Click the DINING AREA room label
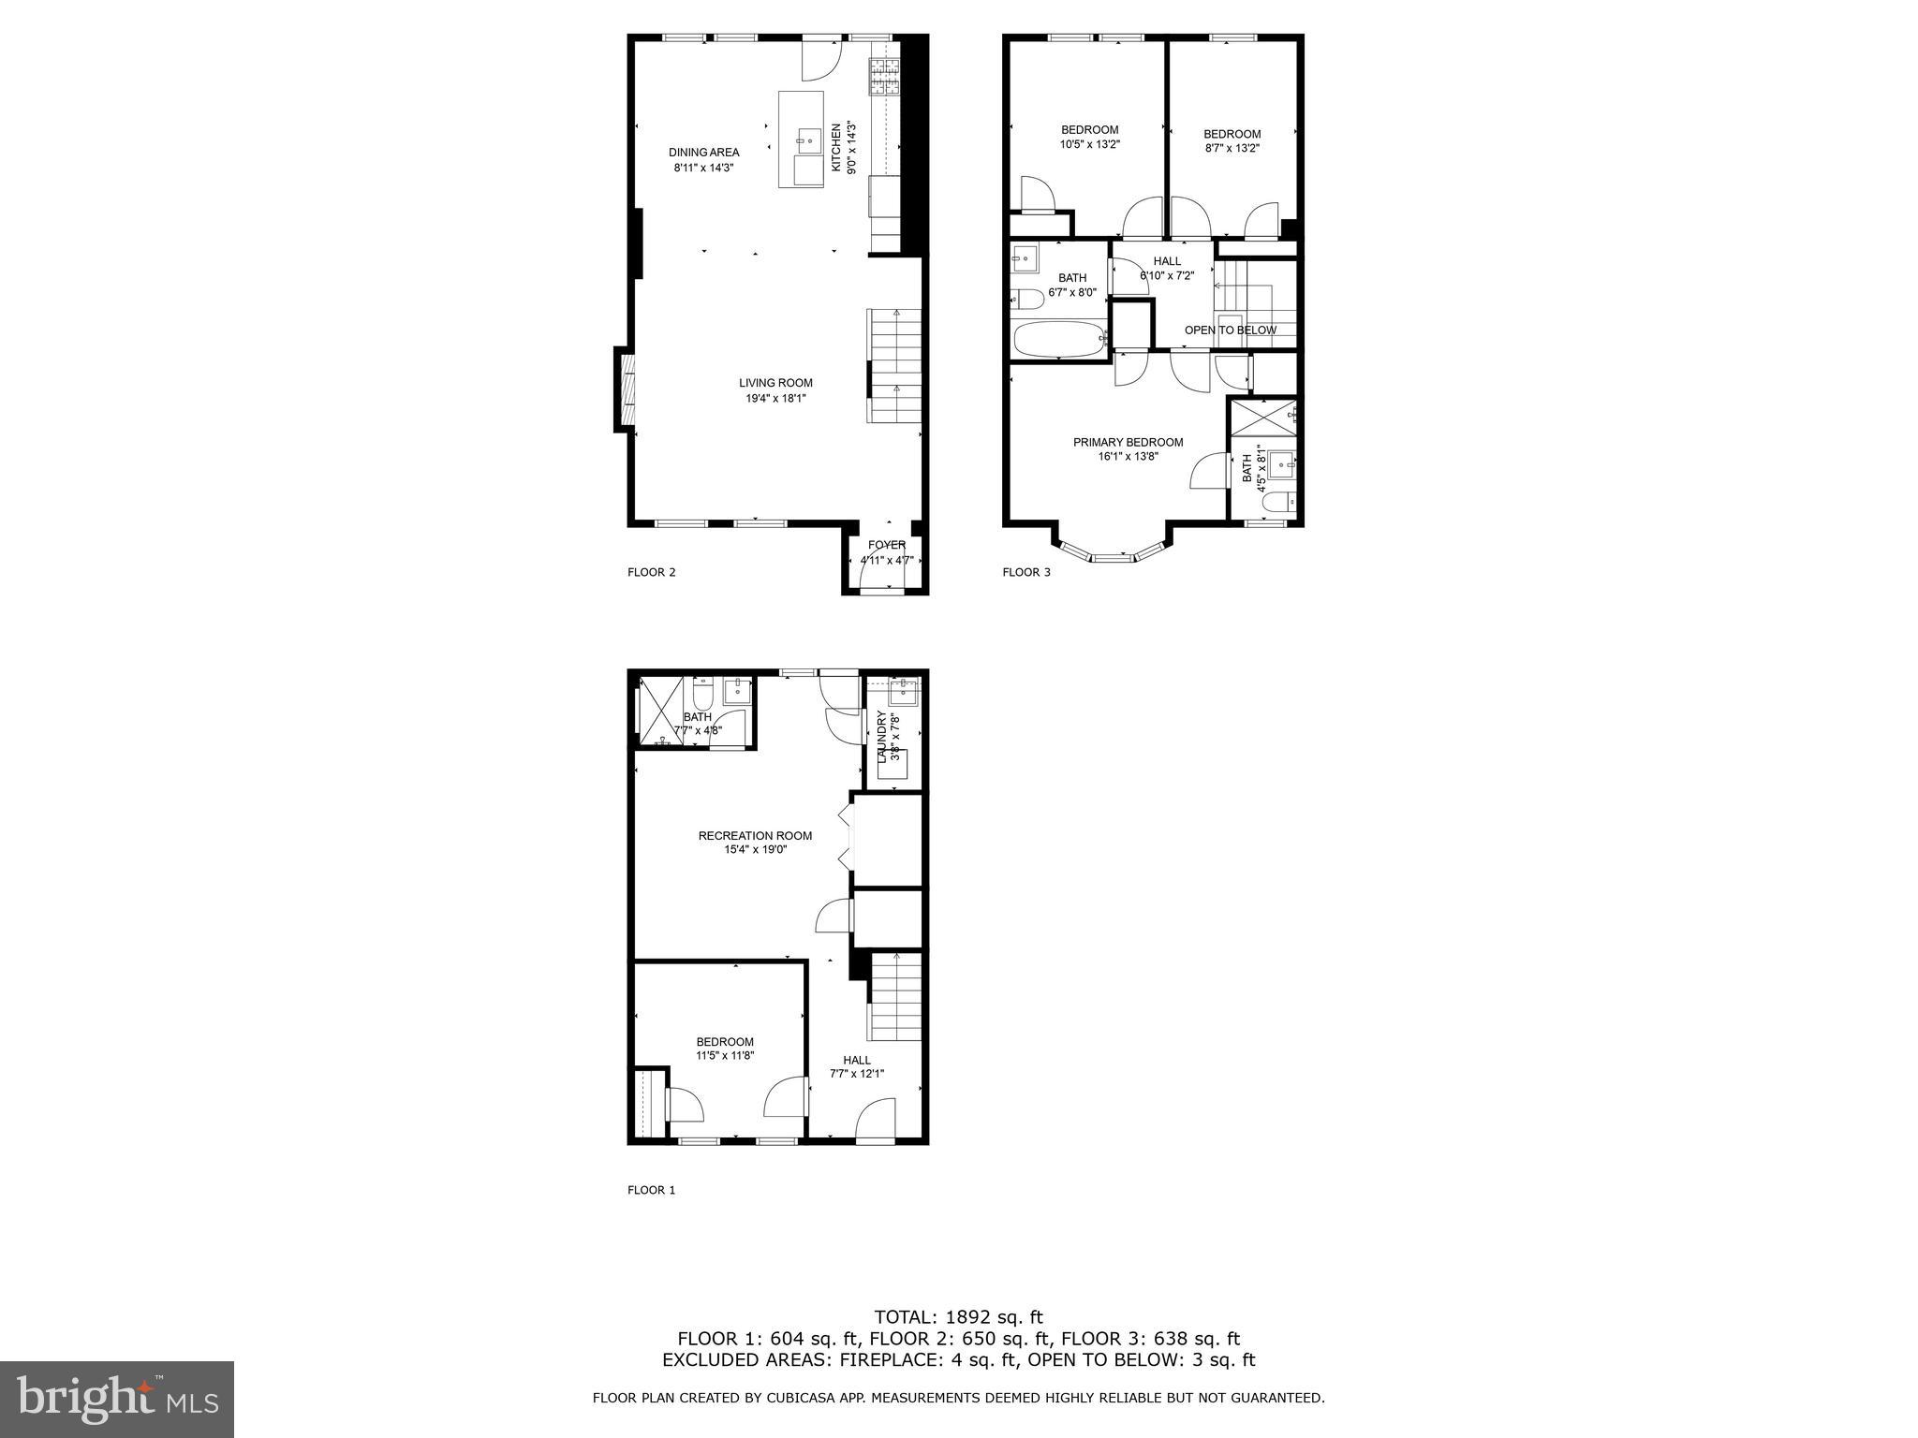pyautogui.click(x=703, y=153)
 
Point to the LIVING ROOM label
pyautogui.click(x=775, y=383)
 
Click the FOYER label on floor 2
pyautogui.click(x=886, y=545)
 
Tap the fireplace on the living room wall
pyautogui.click(x=626, y=389)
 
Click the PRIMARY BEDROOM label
pyautogui.click(x=1128, y=443)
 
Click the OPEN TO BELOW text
pyautogui.click(x=1230, y=330)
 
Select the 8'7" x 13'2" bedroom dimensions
pyautogui.click(x=1232, y=148)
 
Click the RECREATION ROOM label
pyautogui.click(x=755, y=836)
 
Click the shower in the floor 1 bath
pyautogui.click(x=658, y=712)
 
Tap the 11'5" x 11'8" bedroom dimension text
pyautogui.click(x=725, y=1056)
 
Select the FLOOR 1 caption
pyautogui.click(x=651, y=1190)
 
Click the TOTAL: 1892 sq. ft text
pyautogui.click(x=958, y=1317)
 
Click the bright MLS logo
pyautogui.click(x=117, y=1399)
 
